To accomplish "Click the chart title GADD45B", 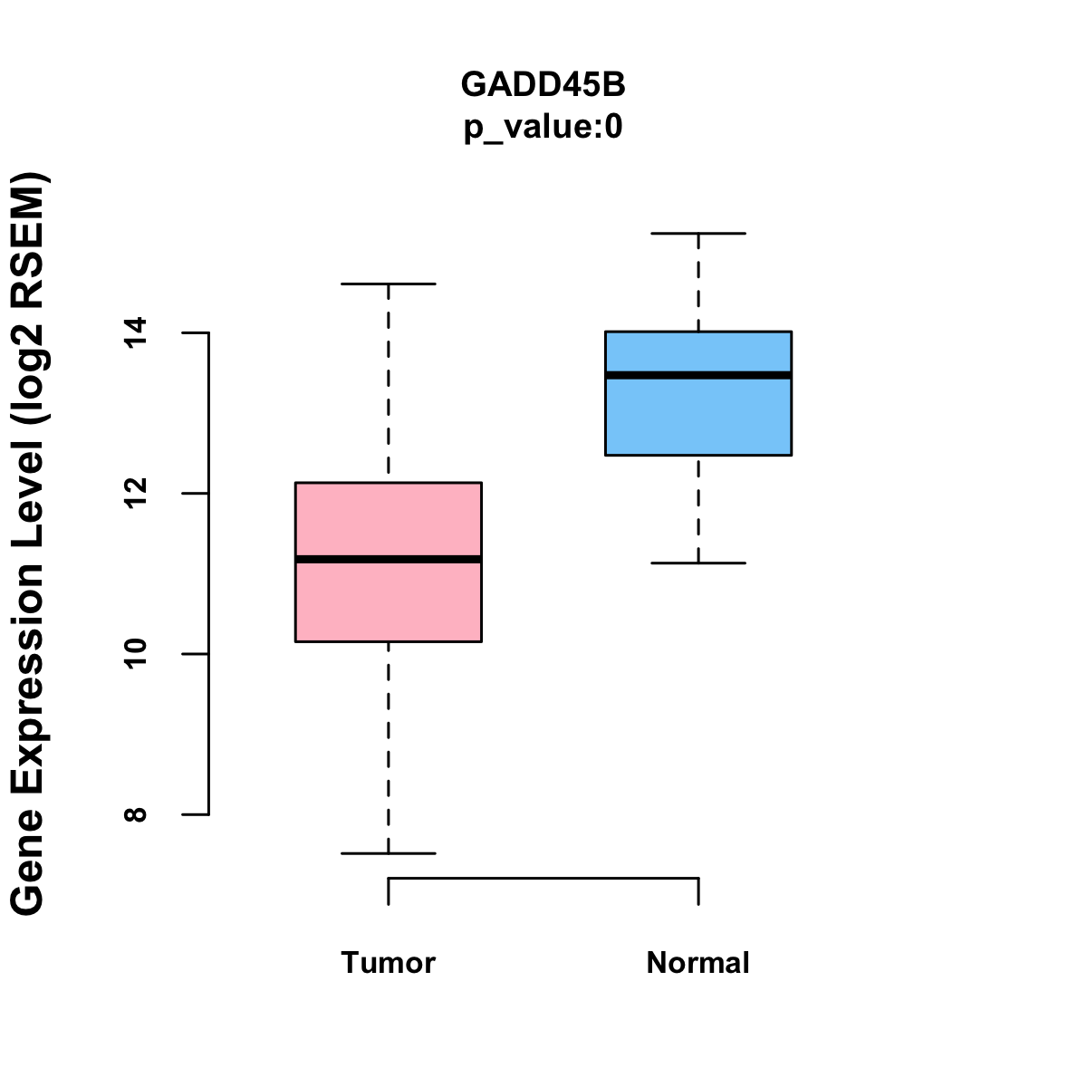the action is coord(543,84).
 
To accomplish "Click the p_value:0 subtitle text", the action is coord(543,127).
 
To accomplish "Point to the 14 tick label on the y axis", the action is coord(136,332).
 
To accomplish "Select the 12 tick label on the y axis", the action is coord(136,494).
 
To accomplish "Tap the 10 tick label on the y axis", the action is coord(136,654).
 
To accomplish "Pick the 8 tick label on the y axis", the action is coord(136,814).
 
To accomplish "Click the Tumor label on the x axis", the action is coord(388,962).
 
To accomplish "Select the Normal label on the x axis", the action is coord(697,962).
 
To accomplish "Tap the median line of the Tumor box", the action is coord(389,559).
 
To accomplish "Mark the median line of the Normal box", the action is coord(698,375).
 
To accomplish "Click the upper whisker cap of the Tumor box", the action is coord(389,284).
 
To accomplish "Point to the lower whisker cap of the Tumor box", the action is coord(389,853).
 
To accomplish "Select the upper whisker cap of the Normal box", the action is coord(698,233).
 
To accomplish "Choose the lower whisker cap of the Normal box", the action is coord(698,563).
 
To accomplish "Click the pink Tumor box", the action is coord(389,562).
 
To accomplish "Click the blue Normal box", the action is coord(698,393).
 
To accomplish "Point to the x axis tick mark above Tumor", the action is coord(389,891).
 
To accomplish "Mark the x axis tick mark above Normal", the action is coord(698,891).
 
